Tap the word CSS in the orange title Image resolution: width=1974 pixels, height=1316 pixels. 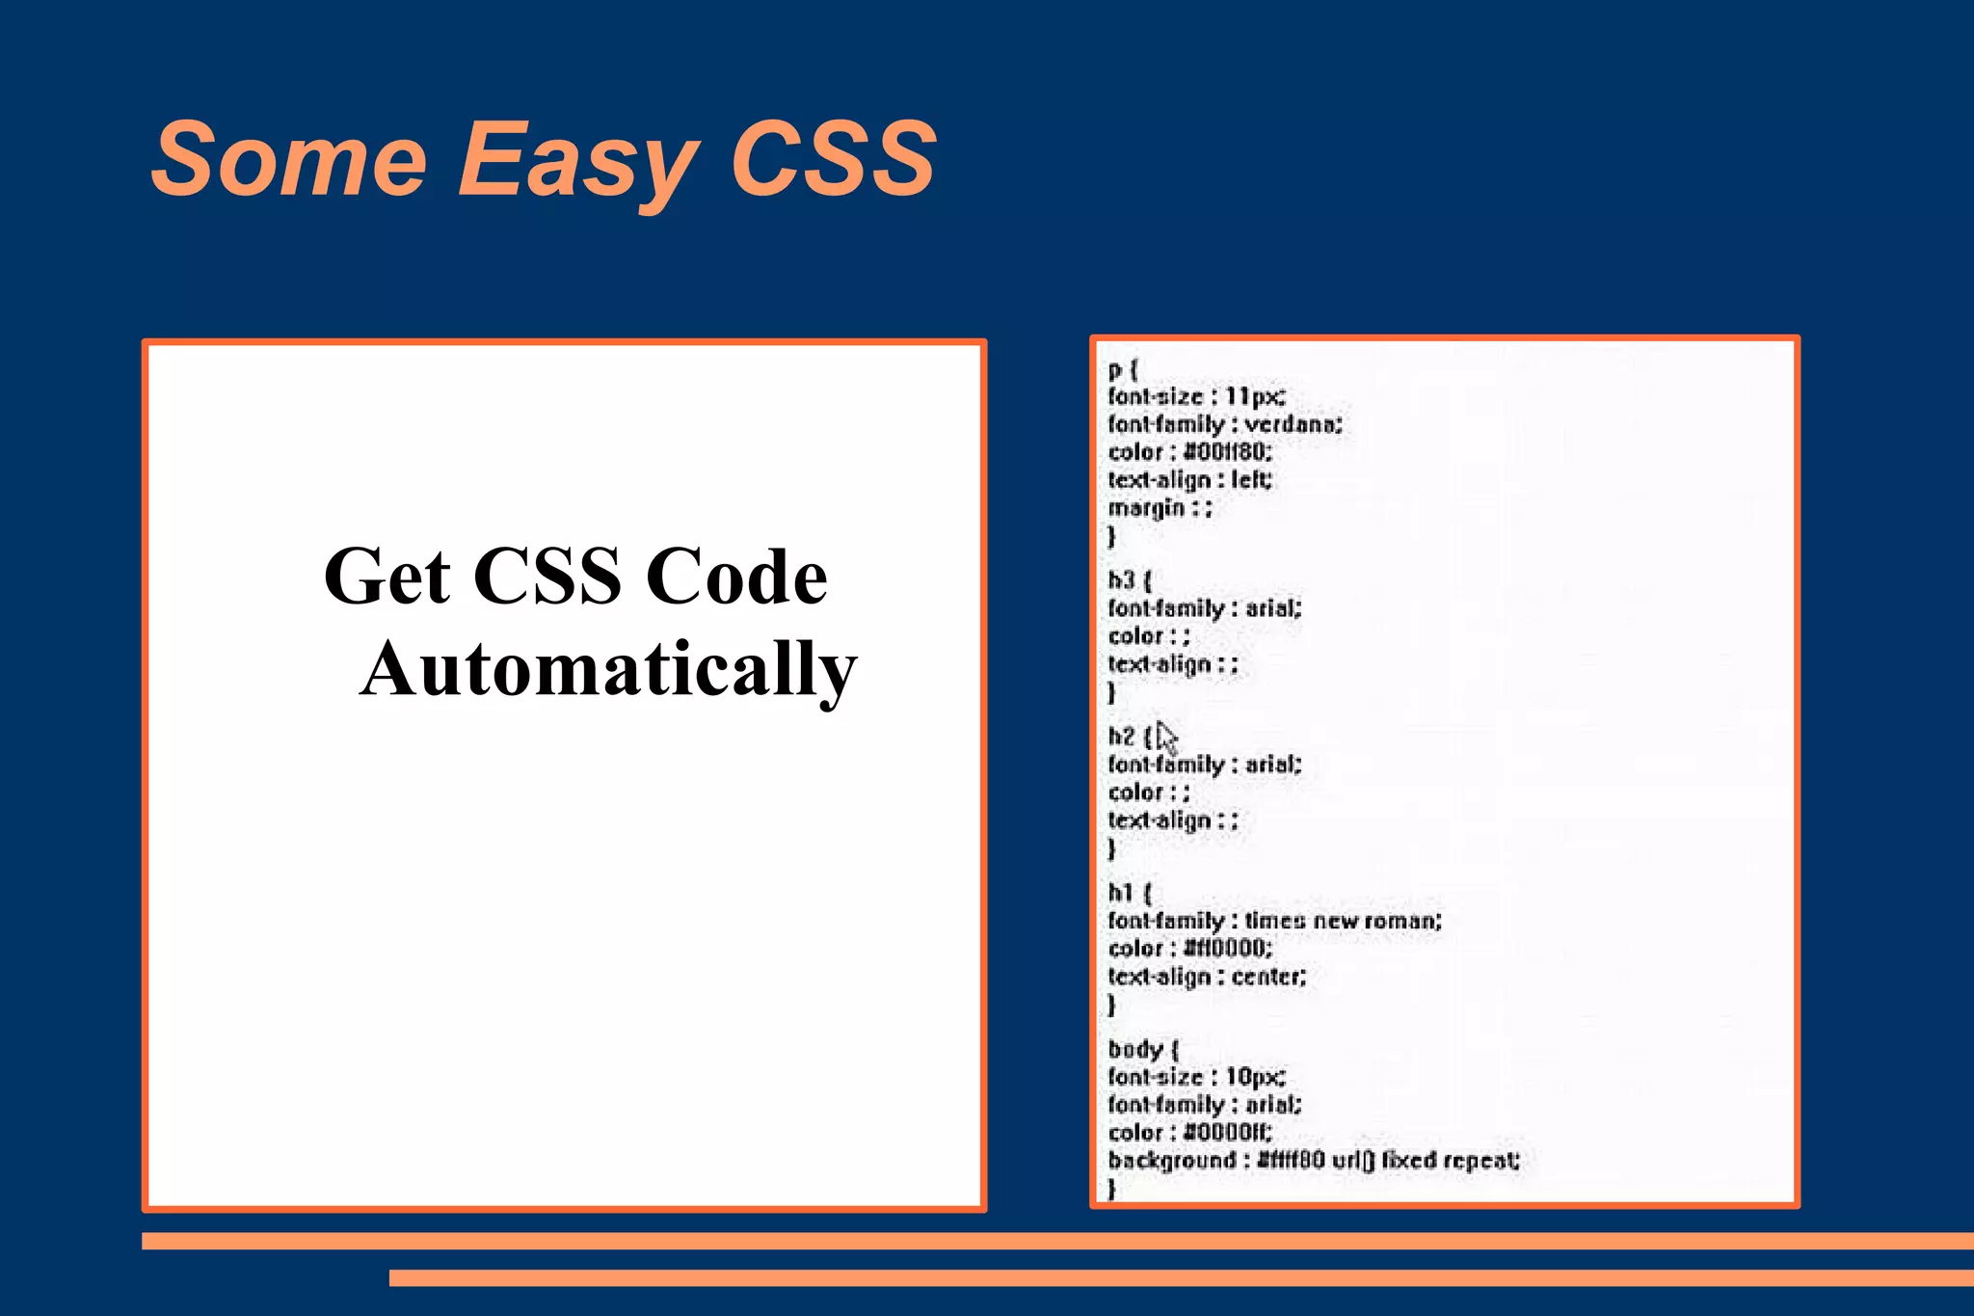[833, 159]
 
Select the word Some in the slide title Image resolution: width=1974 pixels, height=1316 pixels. [288, 159]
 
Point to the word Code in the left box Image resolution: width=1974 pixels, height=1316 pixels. [736, 577]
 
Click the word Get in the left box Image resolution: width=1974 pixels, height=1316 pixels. [387, 577]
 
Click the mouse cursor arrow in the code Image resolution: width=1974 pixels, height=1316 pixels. [1166, 739]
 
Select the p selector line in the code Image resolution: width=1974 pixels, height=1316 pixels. [1123, 369]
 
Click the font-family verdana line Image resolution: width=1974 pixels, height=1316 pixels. [1224, 424]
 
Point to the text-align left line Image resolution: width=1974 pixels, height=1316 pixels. [1189, 480]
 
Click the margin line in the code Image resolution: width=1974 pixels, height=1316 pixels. [1160, 508]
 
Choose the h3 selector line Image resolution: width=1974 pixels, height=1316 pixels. [1129, 580]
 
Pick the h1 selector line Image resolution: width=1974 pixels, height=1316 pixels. [1129, 893]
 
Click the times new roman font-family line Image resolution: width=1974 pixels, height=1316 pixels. [1274, 921]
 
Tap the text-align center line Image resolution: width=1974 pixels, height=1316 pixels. [1207, 977]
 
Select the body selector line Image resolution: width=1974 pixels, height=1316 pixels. [1143, 1049]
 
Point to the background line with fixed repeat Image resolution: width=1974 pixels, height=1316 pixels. [1314, 1160]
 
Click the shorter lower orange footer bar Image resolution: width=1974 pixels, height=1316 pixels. [1181, 1277]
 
